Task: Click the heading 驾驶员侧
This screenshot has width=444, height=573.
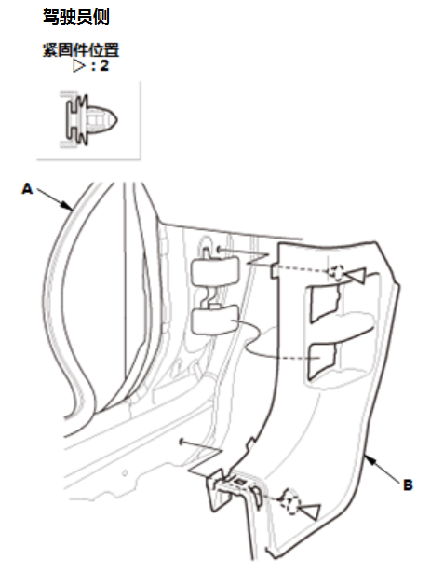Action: point(76,17)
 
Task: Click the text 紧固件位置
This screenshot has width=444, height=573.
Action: point(81,49)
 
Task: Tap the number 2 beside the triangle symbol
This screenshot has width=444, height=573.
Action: point(104,66)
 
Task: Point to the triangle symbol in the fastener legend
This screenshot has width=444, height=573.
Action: point(79,66)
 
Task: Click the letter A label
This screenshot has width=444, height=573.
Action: point(27,189)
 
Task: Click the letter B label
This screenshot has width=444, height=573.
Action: point(408,484)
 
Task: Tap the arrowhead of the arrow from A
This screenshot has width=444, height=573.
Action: point(68,206)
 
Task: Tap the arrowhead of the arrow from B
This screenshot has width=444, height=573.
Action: point(370,459)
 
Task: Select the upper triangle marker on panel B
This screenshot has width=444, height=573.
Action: point(357,276)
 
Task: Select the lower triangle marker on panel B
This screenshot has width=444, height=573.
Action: point(310,511)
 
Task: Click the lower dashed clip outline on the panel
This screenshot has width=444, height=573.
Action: point(289,502)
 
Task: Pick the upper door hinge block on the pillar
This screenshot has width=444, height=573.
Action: point(215,271)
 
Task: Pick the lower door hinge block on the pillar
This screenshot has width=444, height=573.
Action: point(215,321)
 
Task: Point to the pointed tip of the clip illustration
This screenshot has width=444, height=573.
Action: point(117,119)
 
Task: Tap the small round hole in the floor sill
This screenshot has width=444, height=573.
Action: point(125,473)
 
